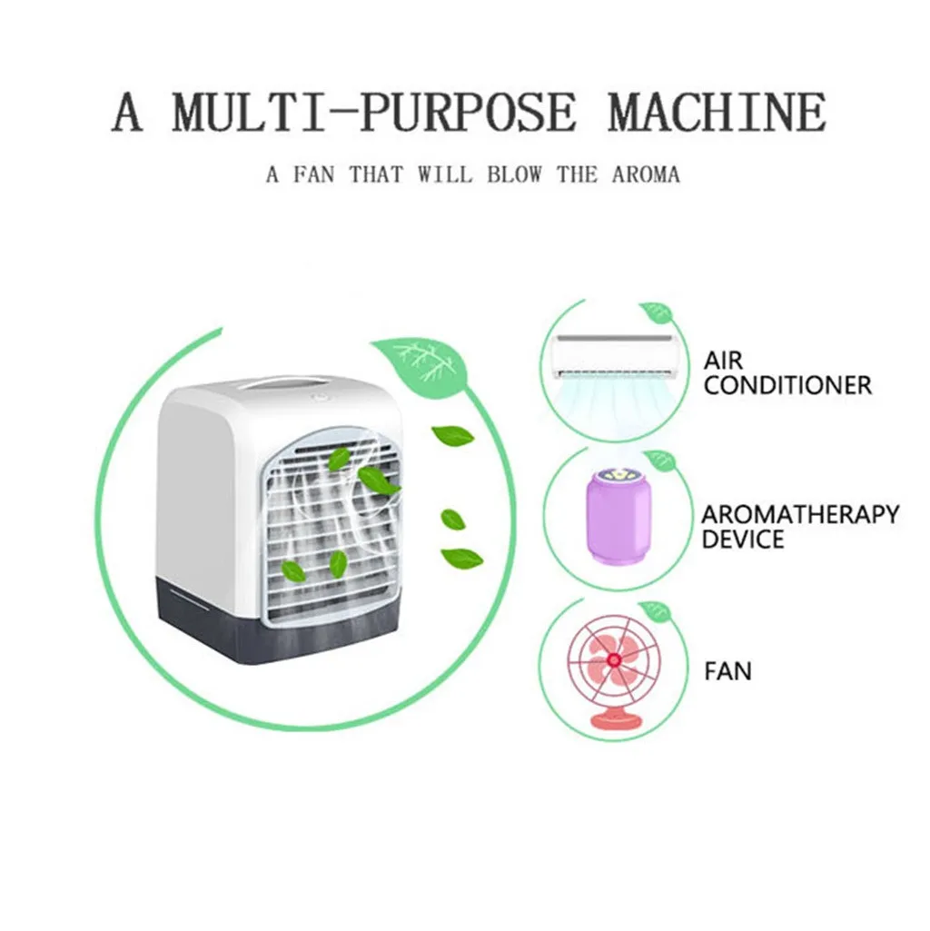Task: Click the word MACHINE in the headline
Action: (717, 114)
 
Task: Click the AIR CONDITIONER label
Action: (787, 372)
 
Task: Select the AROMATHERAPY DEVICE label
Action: (799, 527)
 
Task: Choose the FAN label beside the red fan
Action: (728, 672)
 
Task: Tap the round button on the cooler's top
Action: (322, 397)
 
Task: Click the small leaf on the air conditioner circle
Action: (656, 314)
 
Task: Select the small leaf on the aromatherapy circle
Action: (660, 461)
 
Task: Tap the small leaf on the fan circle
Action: (655, 610)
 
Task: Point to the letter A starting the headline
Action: (127, 114)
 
